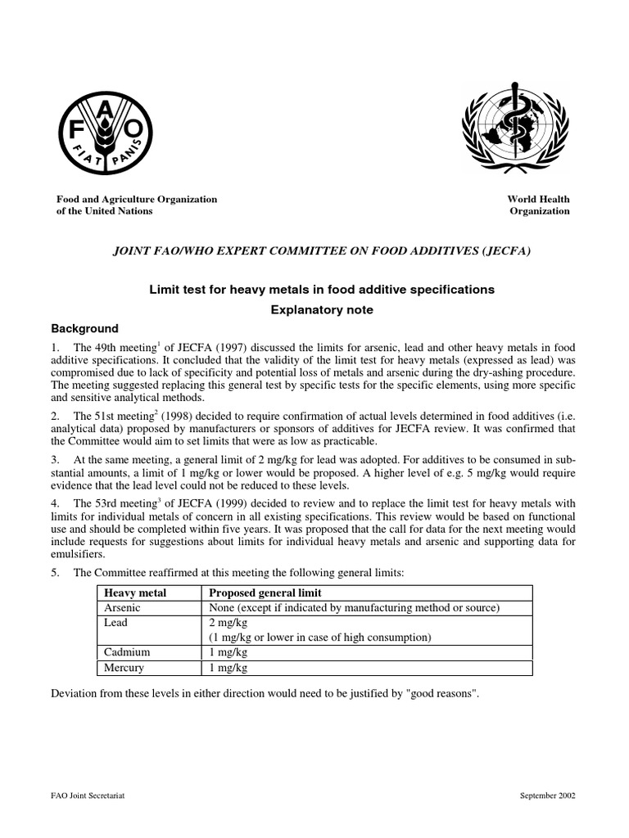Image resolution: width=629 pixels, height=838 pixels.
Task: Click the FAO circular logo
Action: (x=104, y=130)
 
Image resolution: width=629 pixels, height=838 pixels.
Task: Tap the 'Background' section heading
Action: (x=85, y=328)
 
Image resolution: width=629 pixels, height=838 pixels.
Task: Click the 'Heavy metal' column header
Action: (x=129, y=592)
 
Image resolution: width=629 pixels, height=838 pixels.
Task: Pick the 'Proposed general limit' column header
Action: (x=265, y=592)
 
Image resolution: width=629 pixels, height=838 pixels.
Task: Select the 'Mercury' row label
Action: (x=123, y=667)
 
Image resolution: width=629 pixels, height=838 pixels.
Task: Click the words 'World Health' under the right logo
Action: (x=539, y=199)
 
